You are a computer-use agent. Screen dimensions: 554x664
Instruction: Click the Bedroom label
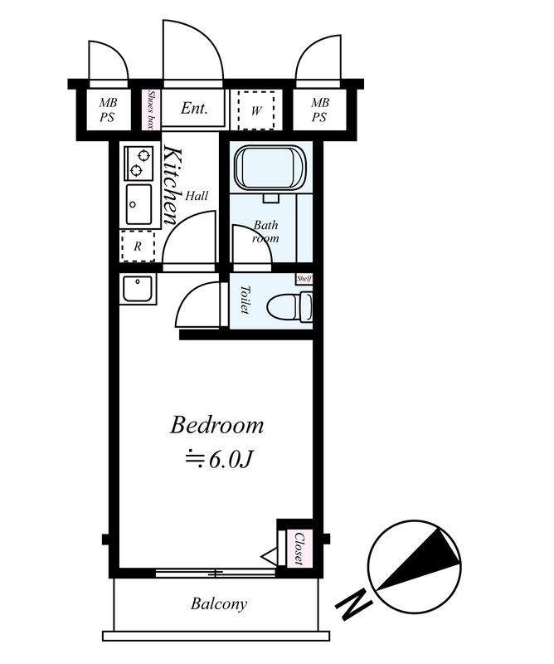pyautogui.click(x=216, y=425)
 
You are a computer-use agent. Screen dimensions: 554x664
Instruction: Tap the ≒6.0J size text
pyautogui.click(x=219, y=460)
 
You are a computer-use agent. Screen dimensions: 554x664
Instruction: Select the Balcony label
pyautogui.click(x=219, y=604)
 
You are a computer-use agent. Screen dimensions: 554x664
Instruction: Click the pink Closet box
pyautogui.click(x=299, y=549)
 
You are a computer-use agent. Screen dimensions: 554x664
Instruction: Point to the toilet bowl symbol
pyautogui.click(x=290, y=306)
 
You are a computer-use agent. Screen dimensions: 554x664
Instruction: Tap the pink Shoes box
pyautogui.click(x=151, y=110)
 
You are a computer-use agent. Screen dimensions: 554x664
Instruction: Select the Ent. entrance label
pyautogui.click(x=194, y=108)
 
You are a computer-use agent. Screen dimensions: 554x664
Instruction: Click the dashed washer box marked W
pyautogui.click(x=256, y=110)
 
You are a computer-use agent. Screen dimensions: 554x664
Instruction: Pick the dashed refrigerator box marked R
pyautogui.click(x=138, y=246)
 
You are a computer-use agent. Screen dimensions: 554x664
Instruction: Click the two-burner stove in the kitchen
pyautogui.click(x=138, y=163)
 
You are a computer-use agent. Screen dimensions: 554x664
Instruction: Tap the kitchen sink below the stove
pyautogui.click(x=138, y=204)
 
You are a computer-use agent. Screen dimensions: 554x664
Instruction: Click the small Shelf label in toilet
pyautogui.click(x=304, y=279)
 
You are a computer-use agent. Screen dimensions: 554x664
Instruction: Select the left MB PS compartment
pyautogui.click(x=109, y=110)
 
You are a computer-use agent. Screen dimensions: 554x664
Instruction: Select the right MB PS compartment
pyautogui.click(x=320, y=110)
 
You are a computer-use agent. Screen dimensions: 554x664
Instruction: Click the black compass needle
pyautogui.click(x=418, y=559)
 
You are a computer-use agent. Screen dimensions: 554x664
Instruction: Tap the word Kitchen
pyautogui.click(x=173, y=185)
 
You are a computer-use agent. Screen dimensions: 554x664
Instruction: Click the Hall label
pyautogui.click(x=197, y=196)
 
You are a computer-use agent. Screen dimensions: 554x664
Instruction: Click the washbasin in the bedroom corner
pyautogui.click(x=138, y=289)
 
